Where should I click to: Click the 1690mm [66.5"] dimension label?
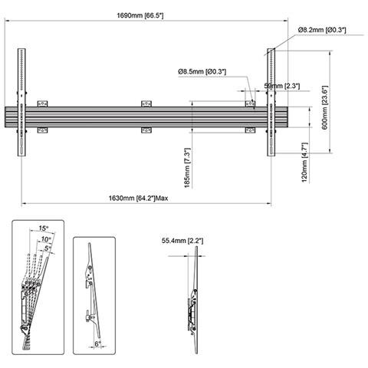click(144, 15)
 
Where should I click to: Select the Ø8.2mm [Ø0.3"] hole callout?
click(322, 29)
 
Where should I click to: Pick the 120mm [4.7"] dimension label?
click(304, 163)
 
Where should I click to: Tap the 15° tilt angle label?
click(43, 228)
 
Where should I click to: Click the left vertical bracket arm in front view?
click(22, 103)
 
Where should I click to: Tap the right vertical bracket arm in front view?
click(271, 103)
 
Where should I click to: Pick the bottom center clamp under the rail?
click(146, 131)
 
